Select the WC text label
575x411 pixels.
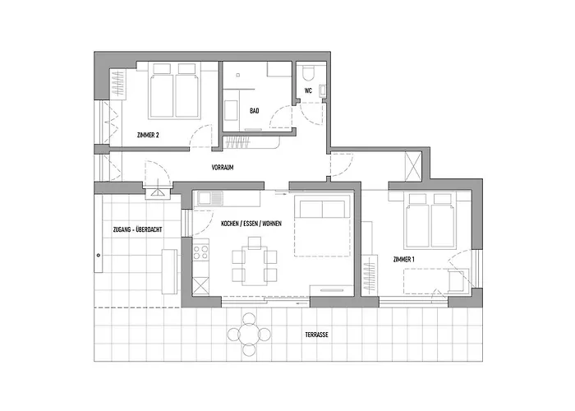pos(308,90)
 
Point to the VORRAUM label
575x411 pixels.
pos(223,167)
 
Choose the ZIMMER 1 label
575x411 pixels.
pos(405,260)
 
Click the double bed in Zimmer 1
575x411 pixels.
pos(430,218)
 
